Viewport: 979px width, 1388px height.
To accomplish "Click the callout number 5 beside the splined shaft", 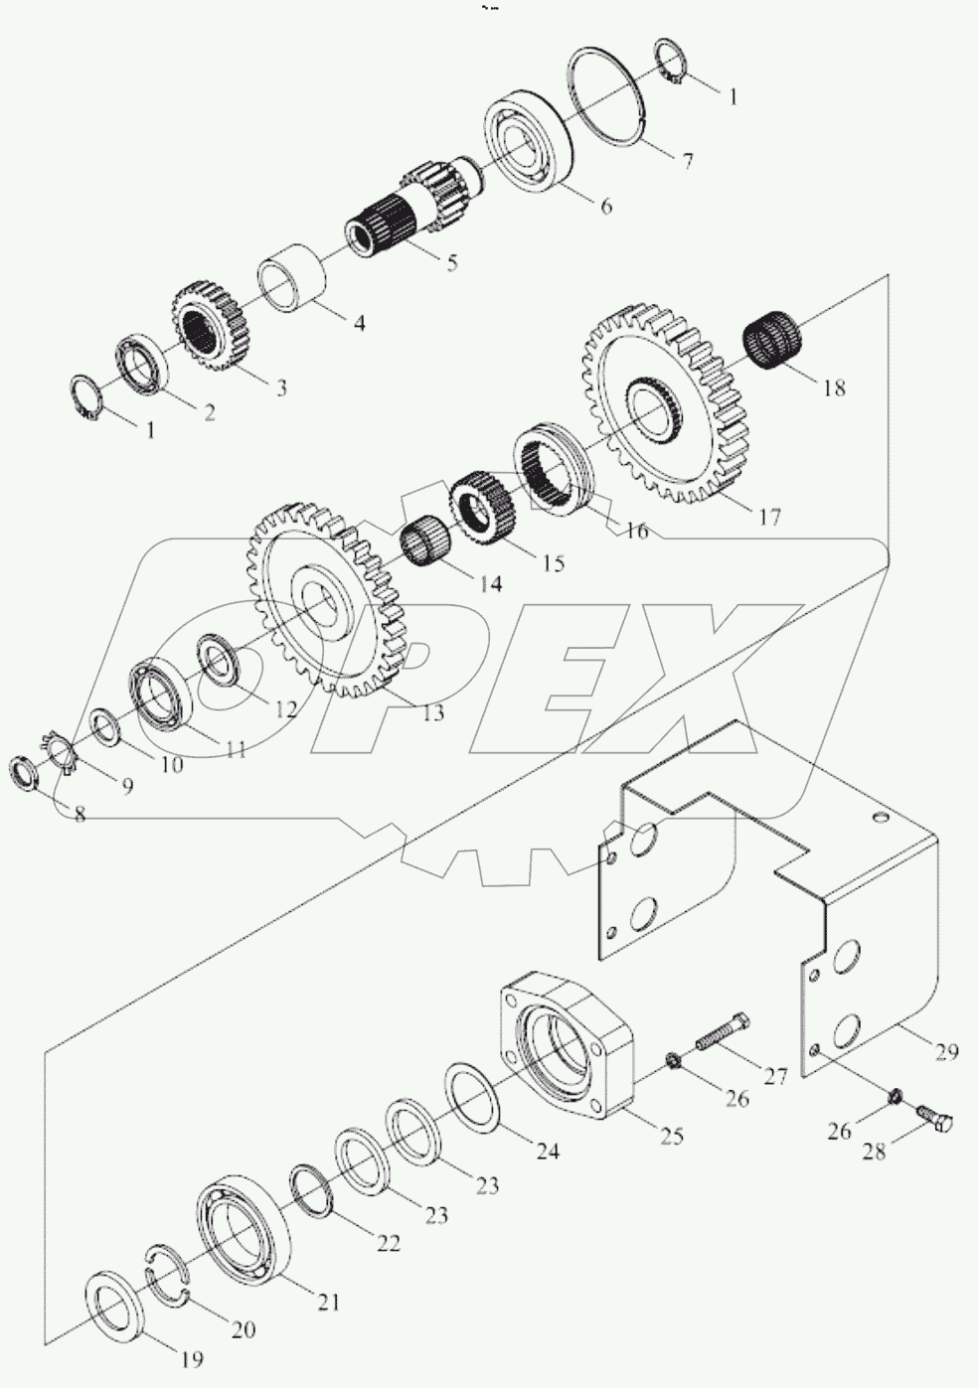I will click(x=451, y=264).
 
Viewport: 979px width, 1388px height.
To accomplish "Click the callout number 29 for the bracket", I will click(x=946, y=1051).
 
